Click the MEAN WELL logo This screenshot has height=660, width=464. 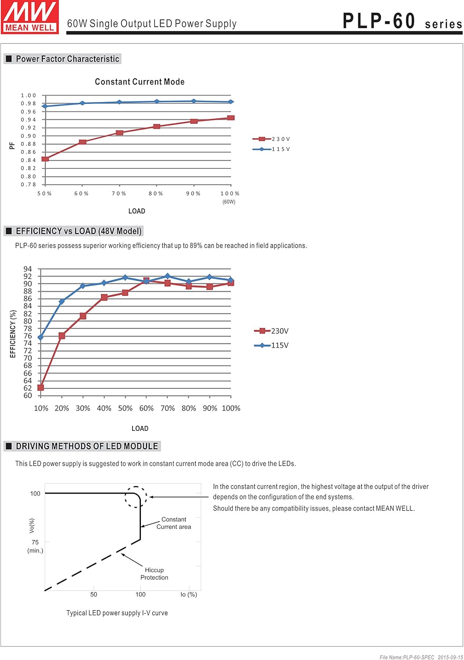(30, 17)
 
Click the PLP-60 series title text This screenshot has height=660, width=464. (401, 21)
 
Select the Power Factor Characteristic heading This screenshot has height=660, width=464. (67, 59)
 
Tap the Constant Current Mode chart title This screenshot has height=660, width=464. (140, 82)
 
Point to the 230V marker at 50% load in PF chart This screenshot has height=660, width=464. (45, 159)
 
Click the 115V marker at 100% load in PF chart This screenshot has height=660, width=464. (231, 102)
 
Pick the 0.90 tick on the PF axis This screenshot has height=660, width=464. (29, 136)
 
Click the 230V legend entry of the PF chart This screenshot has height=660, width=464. (271, 139)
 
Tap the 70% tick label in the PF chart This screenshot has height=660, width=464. (119, 194)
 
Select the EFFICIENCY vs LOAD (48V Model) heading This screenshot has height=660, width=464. (78, 231)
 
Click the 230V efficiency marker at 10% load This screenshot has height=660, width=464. (41, 388)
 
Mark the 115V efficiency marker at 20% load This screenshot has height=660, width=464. (62, 301)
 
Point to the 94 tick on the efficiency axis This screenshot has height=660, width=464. (28, 269)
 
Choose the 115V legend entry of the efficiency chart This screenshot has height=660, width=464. (272, 345)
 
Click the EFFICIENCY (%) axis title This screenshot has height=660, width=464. (13, 334)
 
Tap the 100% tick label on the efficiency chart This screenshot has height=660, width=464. (231, 408)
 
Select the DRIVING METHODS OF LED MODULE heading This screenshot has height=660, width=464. (87, 446)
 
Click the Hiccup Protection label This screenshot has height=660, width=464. (154, 574)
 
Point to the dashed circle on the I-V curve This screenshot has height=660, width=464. (136, 497)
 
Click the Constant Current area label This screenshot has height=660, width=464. (174, 523)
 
